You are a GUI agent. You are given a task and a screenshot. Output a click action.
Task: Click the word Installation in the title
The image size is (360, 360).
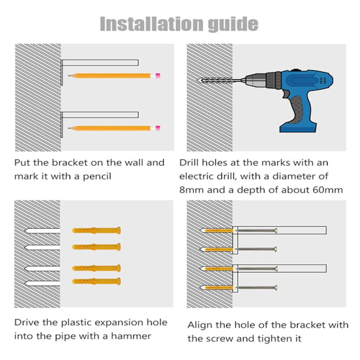click(x=152, y=24)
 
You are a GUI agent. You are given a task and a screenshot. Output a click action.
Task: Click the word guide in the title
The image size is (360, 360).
click(x=233, y=25)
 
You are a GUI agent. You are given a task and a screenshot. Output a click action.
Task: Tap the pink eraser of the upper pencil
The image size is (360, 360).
click(x=158, y=76)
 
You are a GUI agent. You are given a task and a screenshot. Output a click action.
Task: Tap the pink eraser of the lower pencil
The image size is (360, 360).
click(x=158, y=128)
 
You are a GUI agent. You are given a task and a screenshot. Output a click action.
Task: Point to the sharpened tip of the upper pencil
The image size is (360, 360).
click(x=68, y=76)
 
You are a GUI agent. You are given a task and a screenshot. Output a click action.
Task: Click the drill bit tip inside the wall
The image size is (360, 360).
click(x=199, y=80)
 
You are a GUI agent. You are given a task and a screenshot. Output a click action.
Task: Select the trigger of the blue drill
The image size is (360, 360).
click(x=286, y=94)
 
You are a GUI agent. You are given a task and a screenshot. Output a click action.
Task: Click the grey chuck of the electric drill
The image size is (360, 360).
click(x=254, y=80)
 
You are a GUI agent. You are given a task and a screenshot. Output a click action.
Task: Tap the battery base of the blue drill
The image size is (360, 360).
click(x=298, y=128)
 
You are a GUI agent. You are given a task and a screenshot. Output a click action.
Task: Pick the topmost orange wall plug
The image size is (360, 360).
click(x=96, y=230)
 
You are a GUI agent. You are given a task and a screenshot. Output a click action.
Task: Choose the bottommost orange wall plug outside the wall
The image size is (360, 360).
click(x=96, y=281)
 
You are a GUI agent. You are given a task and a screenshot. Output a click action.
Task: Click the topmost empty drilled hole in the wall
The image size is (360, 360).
click(x=42, y=231)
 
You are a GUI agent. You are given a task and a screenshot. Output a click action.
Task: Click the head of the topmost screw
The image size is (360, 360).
click(x=276, y=230)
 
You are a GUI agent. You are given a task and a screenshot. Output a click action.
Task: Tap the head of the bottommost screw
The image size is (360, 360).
click(x=276, y=287)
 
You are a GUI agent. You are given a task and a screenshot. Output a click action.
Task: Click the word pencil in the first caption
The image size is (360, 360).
click(x=97, y=176)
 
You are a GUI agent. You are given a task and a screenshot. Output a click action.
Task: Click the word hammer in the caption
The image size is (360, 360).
click(x=131, y=336)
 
